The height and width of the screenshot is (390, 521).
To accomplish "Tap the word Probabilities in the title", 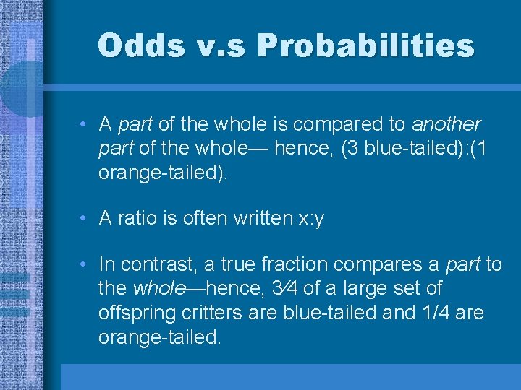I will [366, 45].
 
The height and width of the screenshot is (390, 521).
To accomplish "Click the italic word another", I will [446, 124].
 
